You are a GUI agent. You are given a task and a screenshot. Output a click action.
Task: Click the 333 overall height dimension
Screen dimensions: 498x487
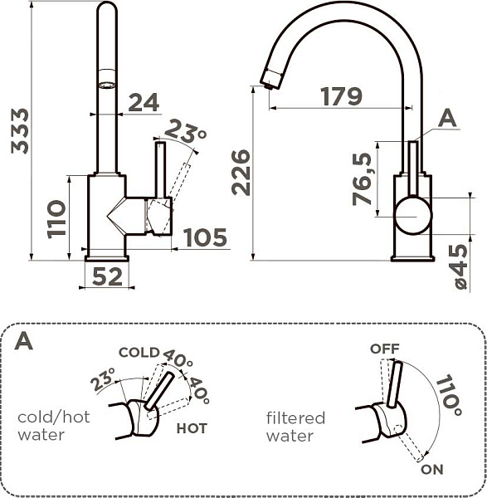click(18, 130)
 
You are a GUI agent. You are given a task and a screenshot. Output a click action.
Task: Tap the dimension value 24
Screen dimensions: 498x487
click(144, 102)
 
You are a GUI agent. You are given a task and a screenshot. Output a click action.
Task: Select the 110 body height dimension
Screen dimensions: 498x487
click(56, 218)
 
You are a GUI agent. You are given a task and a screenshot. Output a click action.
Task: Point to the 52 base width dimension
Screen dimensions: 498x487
click(106, 276)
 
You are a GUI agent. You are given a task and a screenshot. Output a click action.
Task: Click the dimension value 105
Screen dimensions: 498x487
click(204, 238)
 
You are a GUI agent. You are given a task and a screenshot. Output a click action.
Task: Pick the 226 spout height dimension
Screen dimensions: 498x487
click(240, 172)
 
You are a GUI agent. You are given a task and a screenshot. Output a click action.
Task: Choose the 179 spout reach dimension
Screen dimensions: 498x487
click(342, 96)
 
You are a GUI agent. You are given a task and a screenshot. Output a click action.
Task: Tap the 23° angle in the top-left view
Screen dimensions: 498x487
click(186, 130)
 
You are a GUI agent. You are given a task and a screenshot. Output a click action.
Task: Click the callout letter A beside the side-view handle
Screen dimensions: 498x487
click(447, 119)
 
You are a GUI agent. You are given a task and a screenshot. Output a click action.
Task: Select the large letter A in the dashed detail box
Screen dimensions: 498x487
click(24, 341)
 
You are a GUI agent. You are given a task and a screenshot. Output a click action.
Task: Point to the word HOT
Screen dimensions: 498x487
click(191, 429)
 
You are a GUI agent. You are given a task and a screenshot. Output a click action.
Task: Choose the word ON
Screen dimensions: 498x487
click(431, 470)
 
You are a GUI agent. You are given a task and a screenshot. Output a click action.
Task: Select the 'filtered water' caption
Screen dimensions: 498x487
click(295, 427)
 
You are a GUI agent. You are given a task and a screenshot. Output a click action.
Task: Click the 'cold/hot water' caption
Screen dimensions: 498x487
click(53, 426)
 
